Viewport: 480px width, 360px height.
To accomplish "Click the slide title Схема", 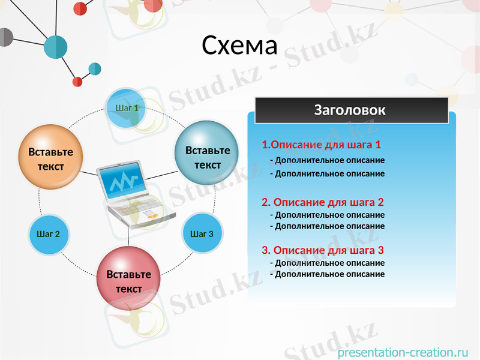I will pyautogui.click(x=239, y=46).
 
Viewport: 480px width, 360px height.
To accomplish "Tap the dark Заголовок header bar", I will pyautogui.click(x=351, y=110).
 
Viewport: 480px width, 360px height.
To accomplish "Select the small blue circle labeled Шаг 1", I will pyautogui.click(x=127, y=108).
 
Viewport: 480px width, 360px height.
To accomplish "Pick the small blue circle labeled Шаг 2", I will pyautogui.click(x=49, y=233).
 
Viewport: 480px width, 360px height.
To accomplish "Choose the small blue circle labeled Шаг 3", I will pyautogui.click(x=202, y=233).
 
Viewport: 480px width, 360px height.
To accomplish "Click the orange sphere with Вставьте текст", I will pyautogui.click(x=51, y=158).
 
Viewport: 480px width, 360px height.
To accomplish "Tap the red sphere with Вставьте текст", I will pyautogui.click(x=128, y=279).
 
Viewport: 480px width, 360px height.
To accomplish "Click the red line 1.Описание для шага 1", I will pyautogui.click(x=321, y=145).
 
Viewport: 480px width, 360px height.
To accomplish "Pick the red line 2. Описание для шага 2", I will pyautogui.click(x=322, y=202).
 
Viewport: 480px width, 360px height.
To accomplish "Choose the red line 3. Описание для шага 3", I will pyautogui.click(x=322, y=250).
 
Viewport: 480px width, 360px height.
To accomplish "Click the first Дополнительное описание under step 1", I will pyautogui.click(x=327, y=160).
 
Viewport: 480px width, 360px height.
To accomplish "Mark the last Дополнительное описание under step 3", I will pyautogui.click(x=327, y=274).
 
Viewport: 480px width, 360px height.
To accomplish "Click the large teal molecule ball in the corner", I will pyautogui.click(x=56, y=47).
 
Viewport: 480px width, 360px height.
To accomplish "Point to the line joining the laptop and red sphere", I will pyautogui.click(x=128, y=238).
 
